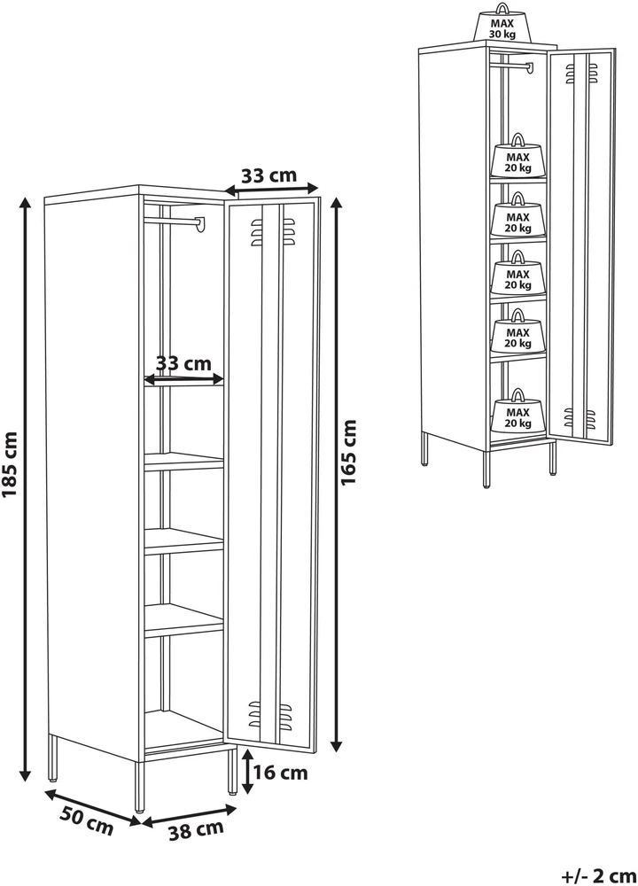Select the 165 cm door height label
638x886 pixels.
click(x=348, y=452)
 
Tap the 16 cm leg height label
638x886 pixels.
click(x=280, y=773)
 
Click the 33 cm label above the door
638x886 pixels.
click(x=269, y=175)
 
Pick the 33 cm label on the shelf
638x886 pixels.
click(x=183, y=362)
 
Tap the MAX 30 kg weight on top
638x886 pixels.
click(x=502, y=23)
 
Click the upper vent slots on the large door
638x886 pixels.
click(x=272, y=233)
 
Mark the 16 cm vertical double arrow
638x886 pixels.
click(x=247, y=772)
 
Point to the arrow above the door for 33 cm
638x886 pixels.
click(x=271, y=190)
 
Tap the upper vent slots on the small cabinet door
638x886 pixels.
click(x=581, y=74)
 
